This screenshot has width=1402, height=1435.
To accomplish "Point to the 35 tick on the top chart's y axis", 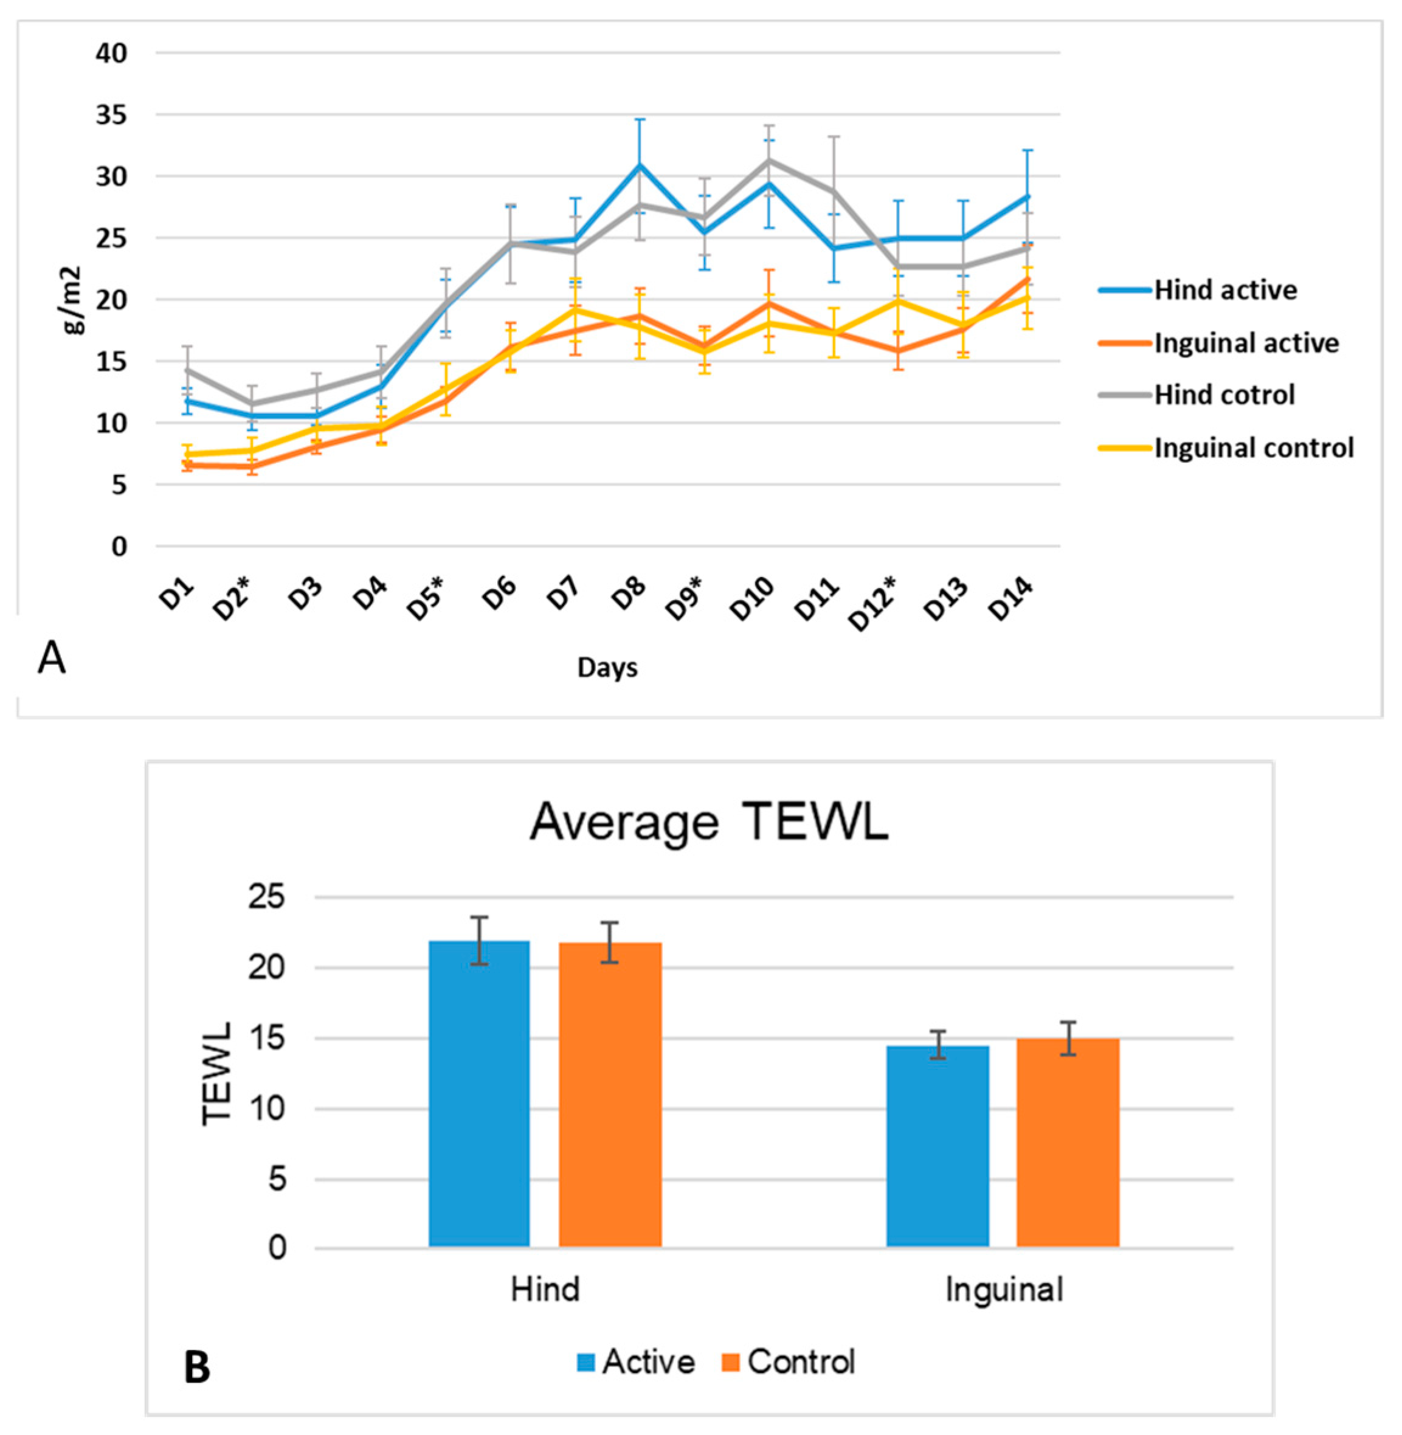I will pyautogui.click(x=111, y=116).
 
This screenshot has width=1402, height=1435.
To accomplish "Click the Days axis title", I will pyautogui.click(x=607, y=668).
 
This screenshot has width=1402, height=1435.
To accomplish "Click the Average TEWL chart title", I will pyautogui.click(x=709, y=821).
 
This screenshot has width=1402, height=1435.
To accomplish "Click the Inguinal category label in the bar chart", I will pyautogui.click(x=1004, y=1290).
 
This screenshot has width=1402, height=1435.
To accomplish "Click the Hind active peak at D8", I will pyautogui.click(x=640, y=165).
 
